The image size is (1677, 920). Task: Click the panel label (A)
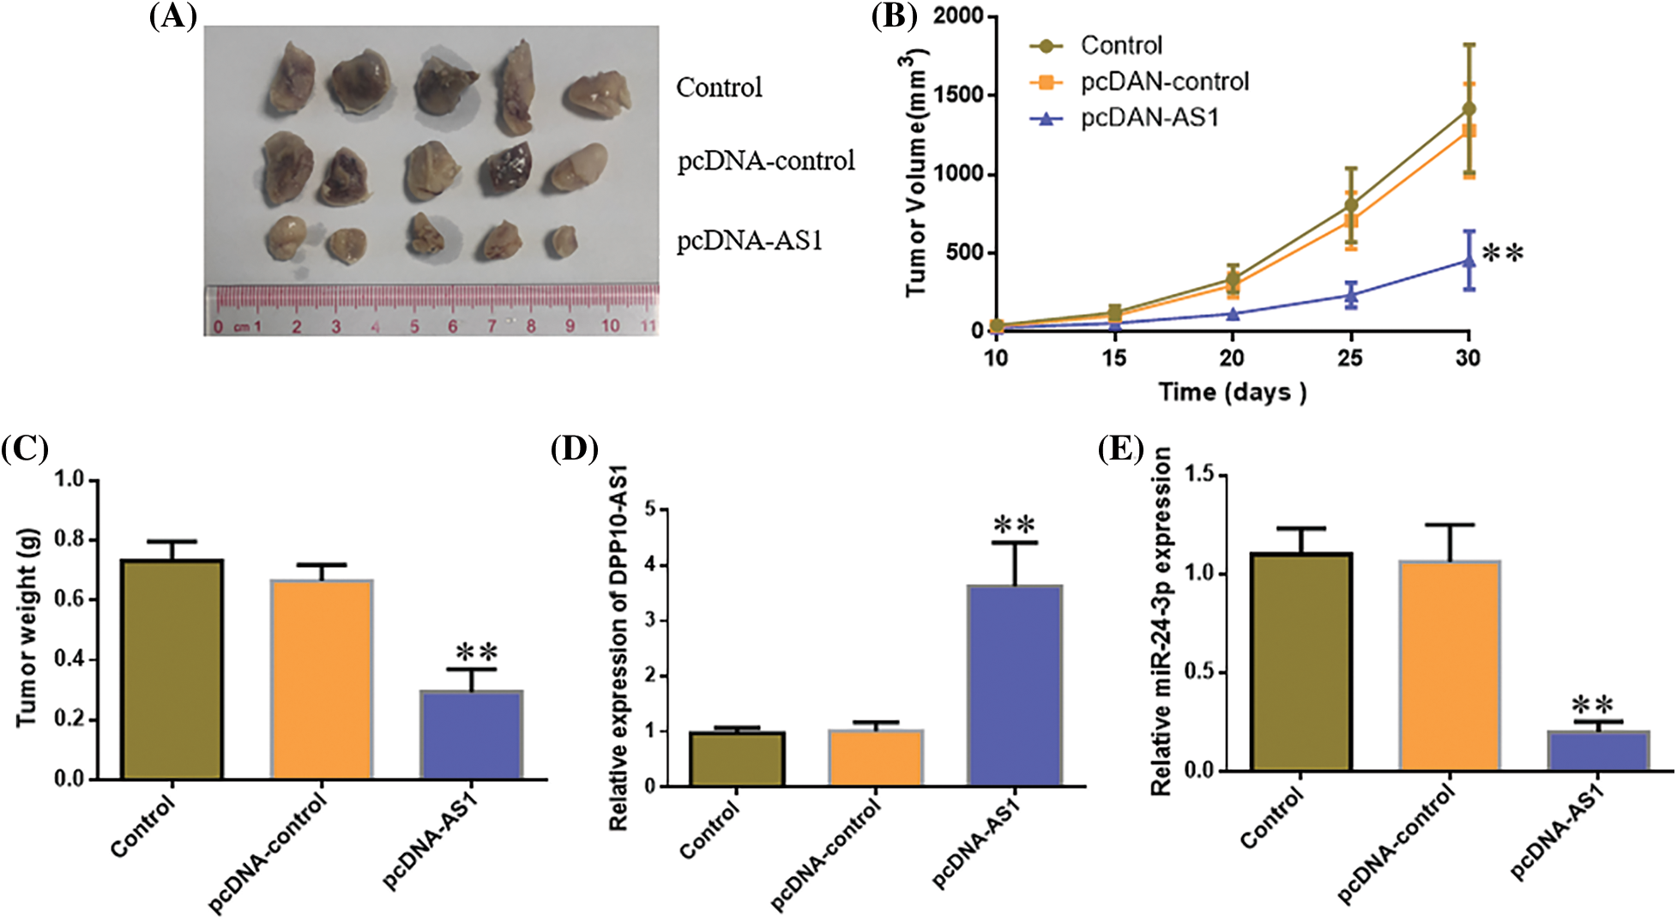coord(172,16)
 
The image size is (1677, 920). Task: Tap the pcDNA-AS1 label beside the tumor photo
coord(750,241)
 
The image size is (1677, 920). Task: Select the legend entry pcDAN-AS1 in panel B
coord(1149,117)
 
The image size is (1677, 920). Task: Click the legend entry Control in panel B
coord(1120,45)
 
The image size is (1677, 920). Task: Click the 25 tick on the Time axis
coord(1350,358)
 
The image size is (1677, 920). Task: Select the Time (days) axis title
coord(1233,393)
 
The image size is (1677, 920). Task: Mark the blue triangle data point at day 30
coord(1469,261)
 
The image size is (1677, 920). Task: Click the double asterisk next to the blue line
coord(1503,253)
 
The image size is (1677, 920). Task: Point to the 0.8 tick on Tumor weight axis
coord(70,539)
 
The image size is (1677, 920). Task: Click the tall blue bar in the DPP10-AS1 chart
coord(1015,686)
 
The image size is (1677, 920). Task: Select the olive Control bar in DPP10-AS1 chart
coord(737,759)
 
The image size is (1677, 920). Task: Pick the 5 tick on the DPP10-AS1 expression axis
coord(649,509)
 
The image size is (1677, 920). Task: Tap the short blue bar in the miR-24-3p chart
coord(1598,751)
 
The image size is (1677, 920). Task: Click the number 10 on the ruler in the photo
coord(610,326)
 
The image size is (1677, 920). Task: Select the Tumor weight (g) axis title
coord(27,628)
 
